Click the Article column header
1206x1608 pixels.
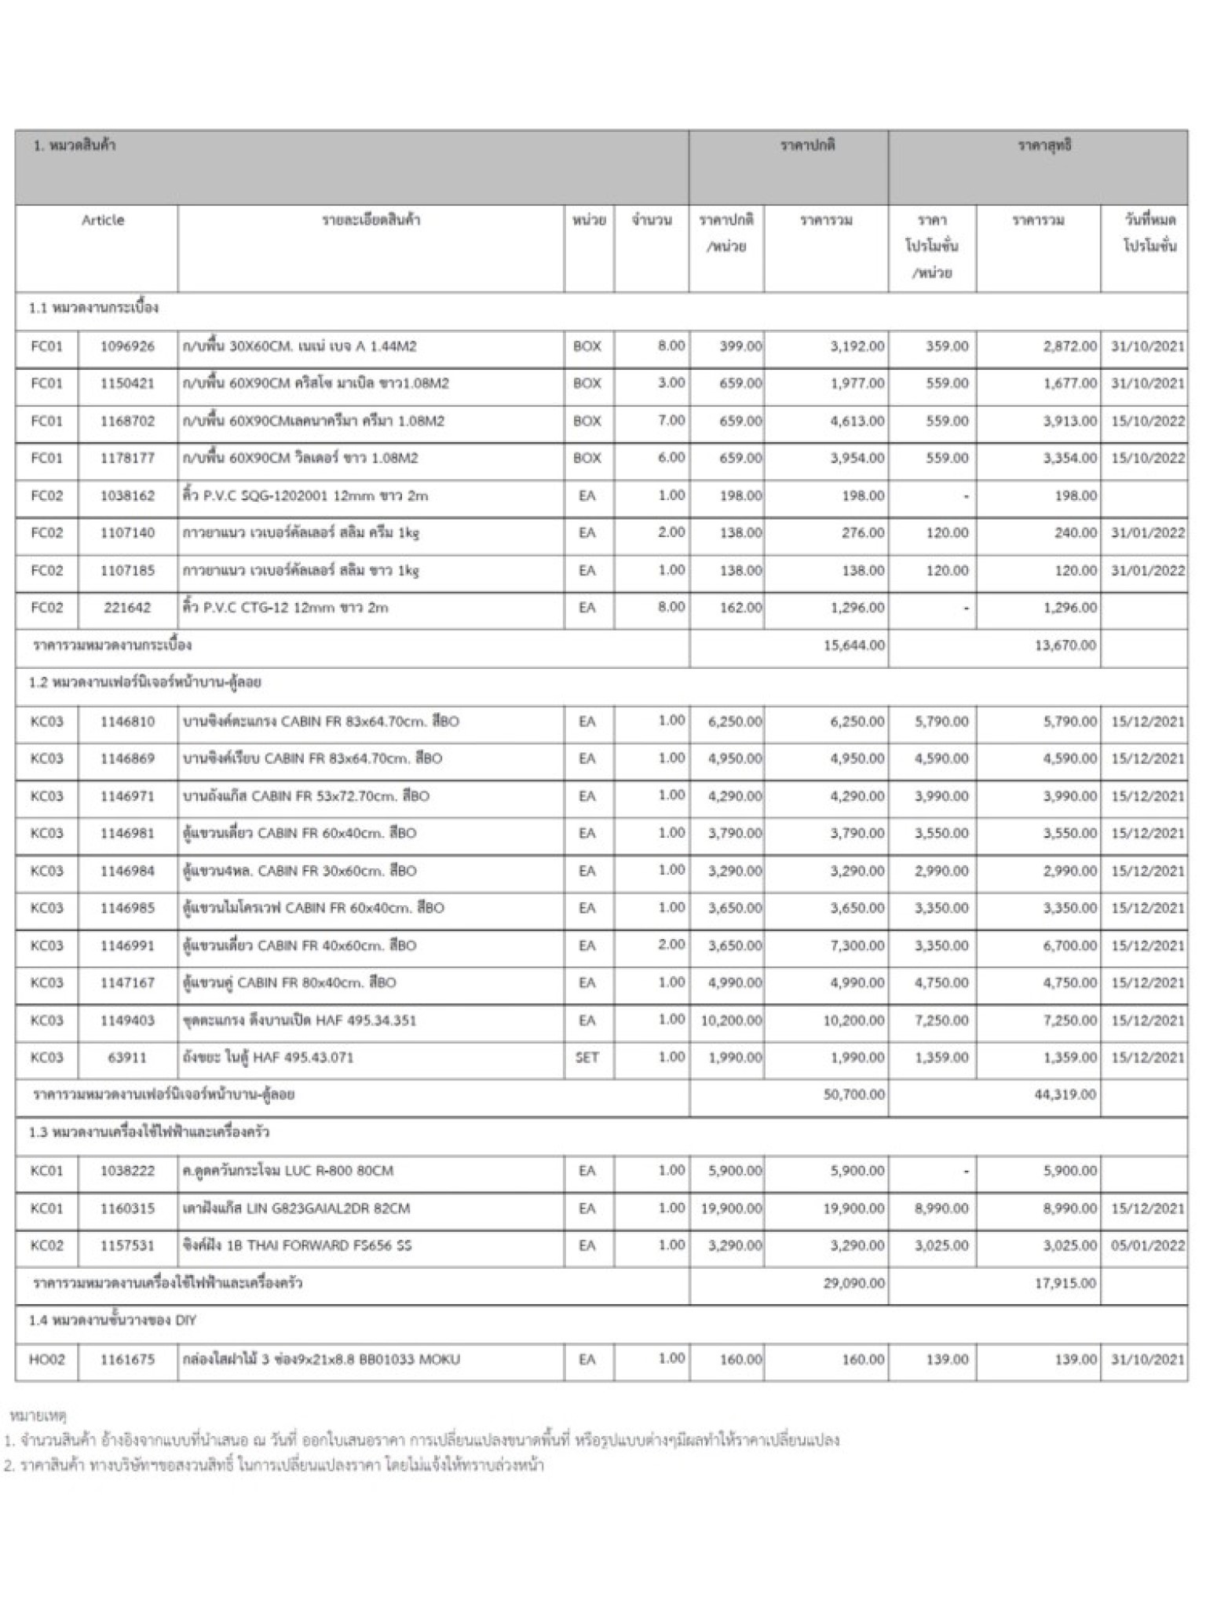click(103, 221)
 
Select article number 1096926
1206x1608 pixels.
click(127, 346)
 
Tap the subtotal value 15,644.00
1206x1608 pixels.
click(853, 645)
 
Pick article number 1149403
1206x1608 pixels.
click(127, 1020)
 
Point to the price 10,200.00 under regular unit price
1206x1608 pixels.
click(731, 1020)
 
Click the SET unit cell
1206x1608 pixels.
click(587, 1057)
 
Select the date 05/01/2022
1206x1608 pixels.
click(1147, 1245)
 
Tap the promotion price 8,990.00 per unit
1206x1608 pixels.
click(941, 1208)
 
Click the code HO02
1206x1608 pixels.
click(46, 1359)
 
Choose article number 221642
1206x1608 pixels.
click(127, 608)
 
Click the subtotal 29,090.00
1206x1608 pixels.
click(853, 1283)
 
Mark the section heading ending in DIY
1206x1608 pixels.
click(112, 1321)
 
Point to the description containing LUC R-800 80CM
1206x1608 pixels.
click(287, 1171)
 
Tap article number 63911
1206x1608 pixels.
click(127, 1057)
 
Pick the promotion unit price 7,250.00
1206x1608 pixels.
click(941, 1020)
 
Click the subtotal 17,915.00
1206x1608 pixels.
click(1065, 1283)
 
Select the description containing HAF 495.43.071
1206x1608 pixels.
click(268, 1057)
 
